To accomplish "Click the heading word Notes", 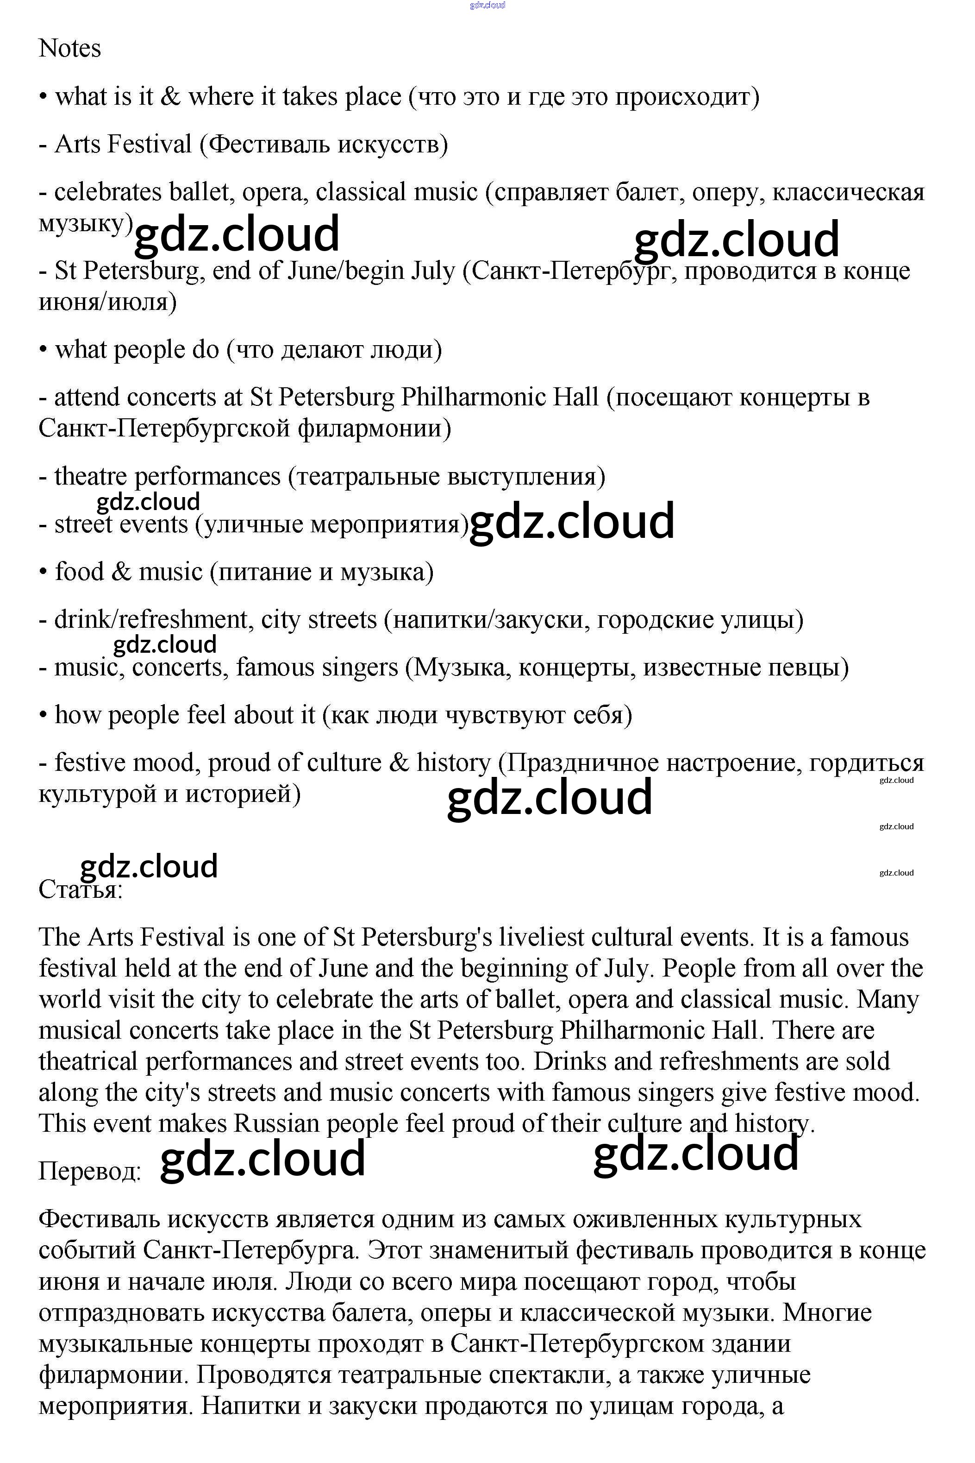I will pyautogui.click(x=69, y=49).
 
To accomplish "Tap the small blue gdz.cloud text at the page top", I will pyautogui.click(x=487, y=5).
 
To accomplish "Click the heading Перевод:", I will pyautogui.click(x=89, y=1171).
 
